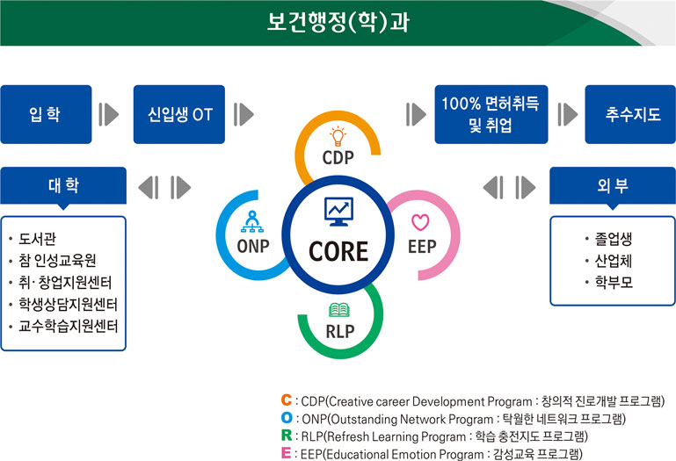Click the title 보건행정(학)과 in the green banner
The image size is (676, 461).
(338, 21)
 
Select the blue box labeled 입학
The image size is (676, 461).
(46, 114)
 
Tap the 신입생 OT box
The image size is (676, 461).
(179, 114)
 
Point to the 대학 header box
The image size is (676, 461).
(63, 185)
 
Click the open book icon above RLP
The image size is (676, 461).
(339, 311)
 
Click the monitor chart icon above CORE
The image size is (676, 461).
(338, 210)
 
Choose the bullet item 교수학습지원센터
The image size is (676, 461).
(68, 326)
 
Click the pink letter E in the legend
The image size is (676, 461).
(287, 453)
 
